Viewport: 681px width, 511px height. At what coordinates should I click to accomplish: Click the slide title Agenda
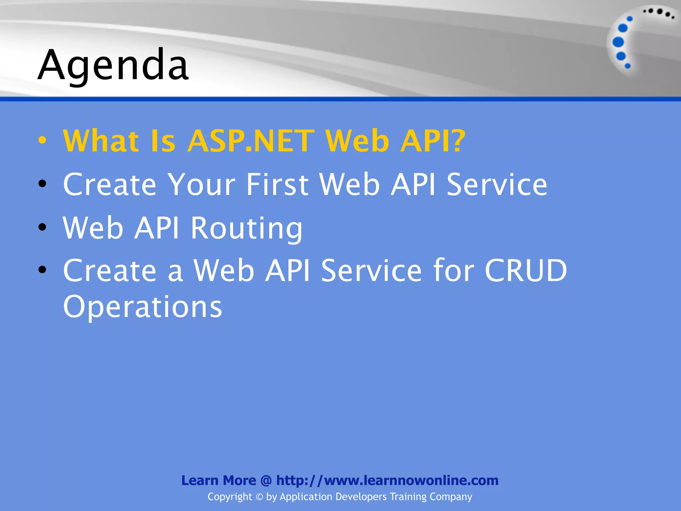(x=113, y=65)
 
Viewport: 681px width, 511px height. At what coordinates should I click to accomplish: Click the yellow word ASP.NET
(x=251, y=141)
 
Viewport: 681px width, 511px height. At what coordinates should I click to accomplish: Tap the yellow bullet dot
(x=42, y=140)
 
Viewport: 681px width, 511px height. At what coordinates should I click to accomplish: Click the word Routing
(x=246, y=228)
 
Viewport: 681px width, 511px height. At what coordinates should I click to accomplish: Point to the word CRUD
(x=526, y=270)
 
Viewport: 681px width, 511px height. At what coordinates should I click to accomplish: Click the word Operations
(x=142, y=306)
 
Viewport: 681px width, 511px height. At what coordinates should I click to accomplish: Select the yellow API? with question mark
(x=433, y=141)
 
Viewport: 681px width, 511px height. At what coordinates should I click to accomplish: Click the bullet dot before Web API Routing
(x=42, y=227)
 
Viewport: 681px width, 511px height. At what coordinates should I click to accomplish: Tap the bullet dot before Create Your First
(x=42, y=183)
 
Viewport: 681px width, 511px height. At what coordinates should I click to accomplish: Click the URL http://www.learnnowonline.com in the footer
(x=387, y=480)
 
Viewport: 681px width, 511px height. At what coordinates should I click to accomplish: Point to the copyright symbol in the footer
(x=259, y=497)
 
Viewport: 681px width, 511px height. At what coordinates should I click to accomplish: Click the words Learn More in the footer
(x=218, y=480)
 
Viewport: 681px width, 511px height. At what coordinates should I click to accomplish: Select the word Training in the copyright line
(x=408, y=497)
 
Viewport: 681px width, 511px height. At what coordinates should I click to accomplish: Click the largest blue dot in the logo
(x=618, y=42)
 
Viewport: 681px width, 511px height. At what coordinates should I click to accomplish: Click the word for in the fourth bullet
(x=454, y=270)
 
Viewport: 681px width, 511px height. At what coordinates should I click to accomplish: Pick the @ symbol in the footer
(x=266, y=480)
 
